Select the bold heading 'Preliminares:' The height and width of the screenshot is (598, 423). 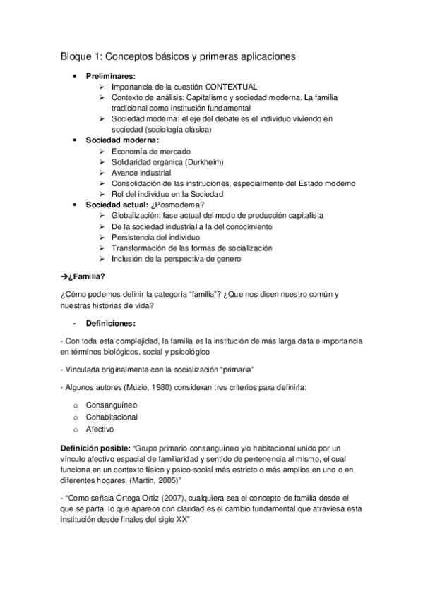click(x=111, y=75)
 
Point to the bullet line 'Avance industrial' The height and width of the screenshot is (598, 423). click(x=141, y=173)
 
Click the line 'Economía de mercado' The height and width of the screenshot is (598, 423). click(x=150, y=152)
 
